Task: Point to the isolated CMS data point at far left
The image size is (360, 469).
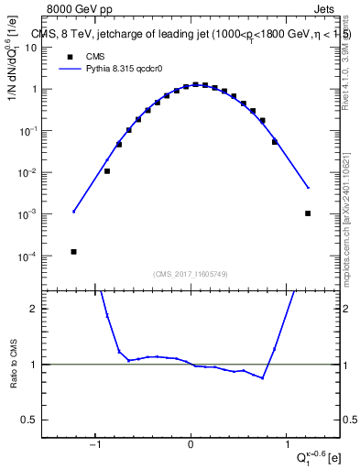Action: point(73,251)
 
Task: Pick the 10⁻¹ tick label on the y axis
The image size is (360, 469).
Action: point(41,131)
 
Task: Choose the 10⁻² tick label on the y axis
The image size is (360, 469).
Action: point(41,173)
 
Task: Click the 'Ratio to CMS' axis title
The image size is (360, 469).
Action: point(16,366)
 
